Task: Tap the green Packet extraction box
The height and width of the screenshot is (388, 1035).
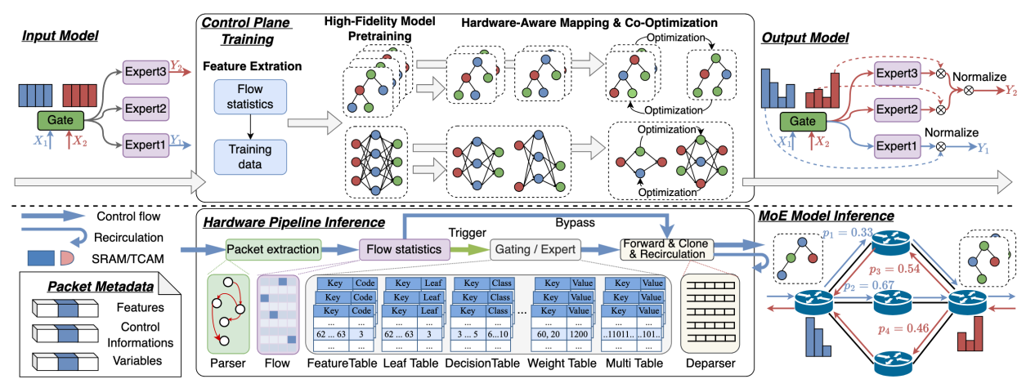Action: [x=273, y=248]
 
